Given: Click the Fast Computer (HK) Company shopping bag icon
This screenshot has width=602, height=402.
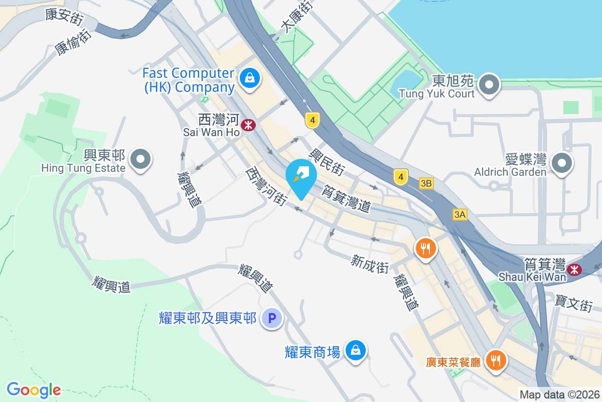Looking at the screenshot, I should pyautogui.click(x=248, y=78).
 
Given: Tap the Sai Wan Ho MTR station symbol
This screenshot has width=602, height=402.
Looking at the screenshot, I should pyautogui.click(x=248, y=125).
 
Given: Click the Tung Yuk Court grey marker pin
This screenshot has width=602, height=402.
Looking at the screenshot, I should pyautogui.click(x=489, y=85).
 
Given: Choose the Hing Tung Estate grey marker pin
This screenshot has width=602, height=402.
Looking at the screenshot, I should pyautogui.click(x=140, y=160).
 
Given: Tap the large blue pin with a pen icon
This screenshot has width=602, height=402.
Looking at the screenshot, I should pyautogui.click(x=300, y=177).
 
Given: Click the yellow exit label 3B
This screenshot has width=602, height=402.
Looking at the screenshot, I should pyautogui.click(x=426, y=183).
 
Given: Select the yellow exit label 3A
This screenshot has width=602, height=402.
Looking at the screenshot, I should pyautogui.click(x=460, y=215).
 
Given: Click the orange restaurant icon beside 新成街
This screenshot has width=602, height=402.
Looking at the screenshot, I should pyautogui.click(x=425, y=248).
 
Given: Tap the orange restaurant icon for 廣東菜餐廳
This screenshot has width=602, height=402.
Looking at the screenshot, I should pyautogui.click(x=496, y=360).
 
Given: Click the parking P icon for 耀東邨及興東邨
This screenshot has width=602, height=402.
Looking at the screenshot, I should pyautogui.click(x=272, y=318).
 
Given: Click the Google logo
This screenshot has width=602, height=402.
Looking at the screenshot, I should pyautogui.click(x=34, y=390).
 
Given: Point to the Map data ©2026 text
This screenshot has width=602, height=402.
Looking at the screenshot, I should pyautogui.click(x=559, y=395).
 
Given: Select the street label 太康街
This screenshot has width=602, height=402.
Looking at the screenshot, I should pyautogui.click(x=296, y=17).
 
